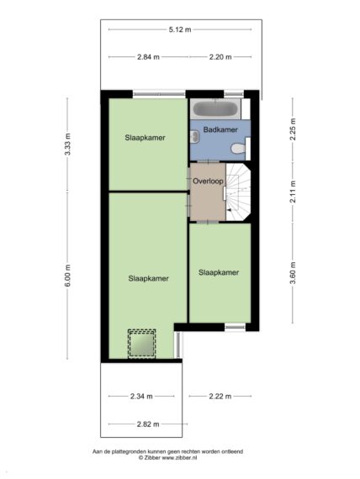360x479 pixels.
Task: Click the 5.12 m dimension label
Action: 180,29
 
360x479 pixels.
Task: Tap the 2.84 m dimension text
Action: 148,57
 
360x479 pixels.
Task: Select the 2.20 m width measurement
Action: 220,57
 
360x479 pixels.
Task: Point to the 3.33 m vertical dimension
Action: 67,145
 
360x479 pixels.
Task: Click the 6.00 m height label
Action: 67,276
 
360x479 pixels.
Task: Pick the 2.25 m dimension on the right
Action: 293,129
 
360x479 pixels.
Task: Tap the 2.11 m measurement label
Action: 293,192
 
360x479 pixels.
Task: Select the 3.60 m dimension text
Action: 293,273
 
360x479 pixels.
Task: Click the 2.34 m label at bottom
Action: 141,396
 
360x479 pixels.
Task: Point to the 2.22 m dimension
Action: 220,396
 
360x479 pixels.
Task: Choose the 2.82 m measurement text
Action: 148,424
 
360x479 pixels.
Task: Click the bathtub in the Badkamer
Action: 216,108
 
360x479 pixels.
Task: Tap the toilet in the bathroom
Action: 239,149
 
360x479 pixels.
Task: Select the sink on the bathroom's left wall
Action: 194,136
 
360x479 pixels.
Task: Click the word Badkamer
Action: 220,129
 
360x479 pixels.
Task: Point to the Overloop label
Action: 208,181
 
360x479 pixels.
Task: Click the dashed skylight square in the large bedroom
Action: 141,344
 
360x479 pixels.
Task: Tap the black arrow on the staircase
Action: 230,210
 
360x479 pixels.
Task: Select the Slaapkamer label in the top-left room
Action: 145,138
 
